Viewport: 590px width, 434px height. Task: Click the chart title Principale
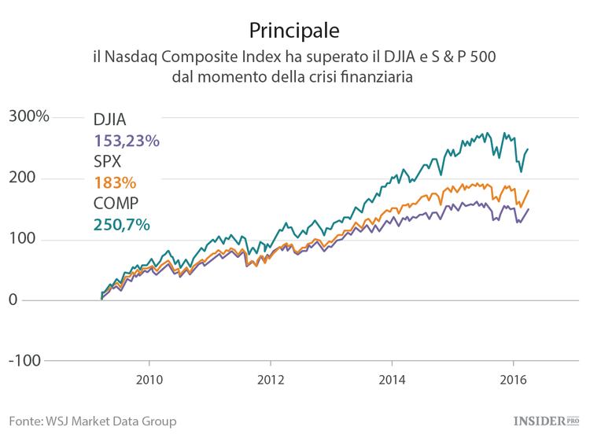(x=294, y=31)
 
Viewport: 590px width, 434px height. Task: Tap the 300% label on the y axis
(x=29, y=116)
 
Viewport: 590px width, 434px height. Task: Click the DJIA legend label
(x=110, y=120)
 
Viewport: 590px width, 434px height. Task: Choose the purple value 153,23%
(x=127, y=141)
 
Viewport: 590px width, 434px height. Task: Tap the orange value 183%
(x=115, y=183)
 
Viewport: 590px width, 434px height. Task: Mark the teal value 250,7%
(x=122, y=225)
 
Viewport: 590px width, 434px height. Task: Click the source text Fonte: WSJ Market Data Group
(x=93, y=421)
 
